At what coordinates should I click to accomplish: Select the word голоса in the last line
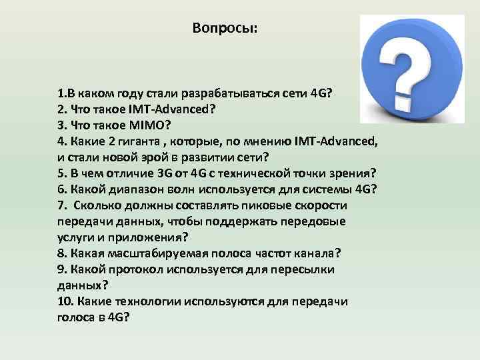pos(73,317)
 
